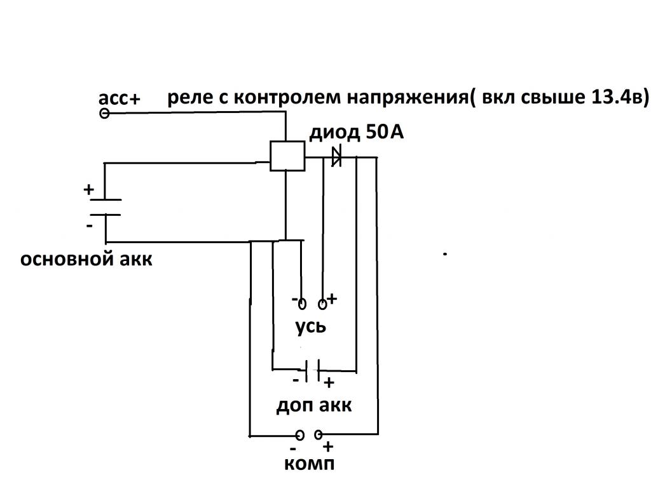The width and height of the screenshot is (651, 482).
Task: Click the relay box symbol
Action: pos(287,156)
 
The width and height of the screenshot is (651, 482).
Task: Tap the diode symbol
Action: pos(336,156)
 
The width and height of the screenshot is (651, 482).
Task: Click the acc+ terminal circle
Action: pos(105,114)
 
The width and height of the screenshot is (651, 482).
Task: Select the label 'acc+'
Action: pos(119,98)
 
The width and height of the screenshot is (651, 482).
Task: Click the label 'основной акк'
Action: pos(86,259)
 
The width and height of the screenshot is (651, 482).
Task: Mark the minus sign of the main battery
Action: pos(88,225)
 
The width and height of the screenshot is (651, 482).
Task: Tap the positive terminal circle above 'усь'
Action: pos(323,304)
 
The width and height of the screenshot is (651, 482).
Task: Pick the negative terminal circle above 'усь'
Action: pos(302,304)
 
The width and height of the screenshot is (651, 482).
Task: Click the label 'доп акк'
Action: pos(313,405)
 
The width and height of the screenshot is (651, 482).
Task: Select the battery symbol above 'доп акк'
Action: pos(311,370)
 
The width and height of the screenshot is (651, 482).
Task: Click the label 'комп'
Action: pos(309,464)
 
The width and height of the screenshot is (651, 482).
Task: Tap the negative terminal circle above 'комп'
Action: pos(300,435)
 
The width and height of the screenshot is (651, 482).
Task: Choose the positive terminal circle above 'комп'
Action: pos(318,435)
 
